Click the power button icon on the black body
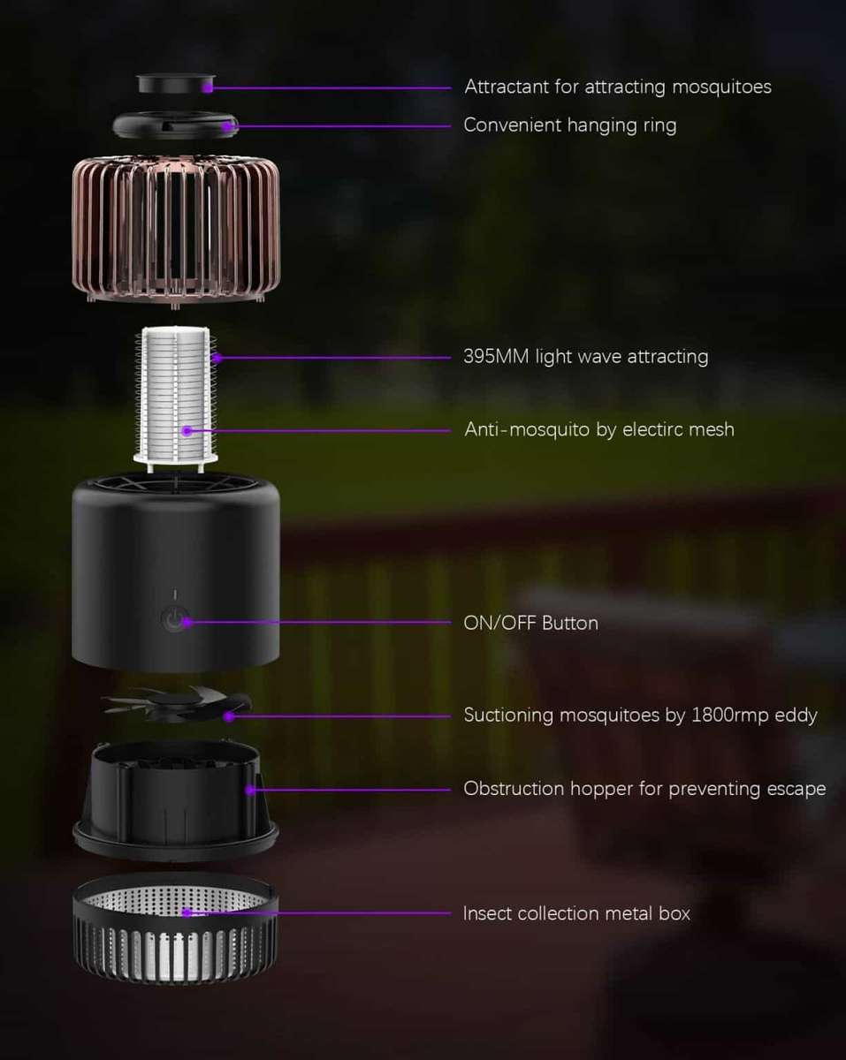point(173,620)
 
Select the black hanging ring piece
point(175,124)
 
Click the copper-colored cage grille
point(175,228)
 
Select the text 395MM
point(496,357)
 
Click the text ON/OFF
point(499,623)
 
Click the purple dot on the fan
point(228,715)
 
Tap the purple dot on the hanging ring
point(228,126)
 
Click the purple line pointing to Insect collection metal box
point(318,912)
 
